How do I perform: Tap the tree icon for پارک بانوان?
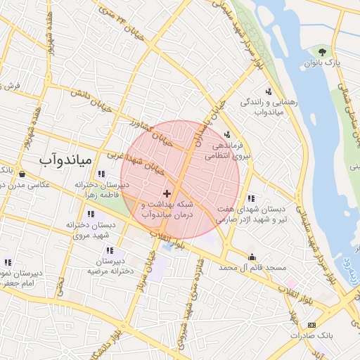coord(322,51)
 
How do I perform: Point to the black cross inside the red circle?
coord(167,193)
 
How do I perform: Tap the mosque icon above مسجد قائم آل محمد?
coord(252,256)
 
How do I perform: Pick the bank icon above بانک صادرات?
coord(311,324)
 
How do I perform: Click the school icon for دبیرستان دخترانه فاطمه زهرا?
coord(102,173)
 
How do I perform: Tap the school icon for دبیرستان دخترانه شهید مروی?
coord(91,214)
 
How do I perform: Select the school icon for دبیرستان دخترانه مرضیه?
coord(109,250)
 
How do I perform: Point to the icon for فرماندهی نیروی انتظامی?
coord(226,134)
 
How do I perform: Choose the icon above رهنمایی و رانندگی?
coord(268,91)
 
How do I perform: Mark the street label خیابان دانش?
coord(97,101)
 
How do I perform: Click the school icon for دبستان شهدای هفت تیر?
coord(251,198)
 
